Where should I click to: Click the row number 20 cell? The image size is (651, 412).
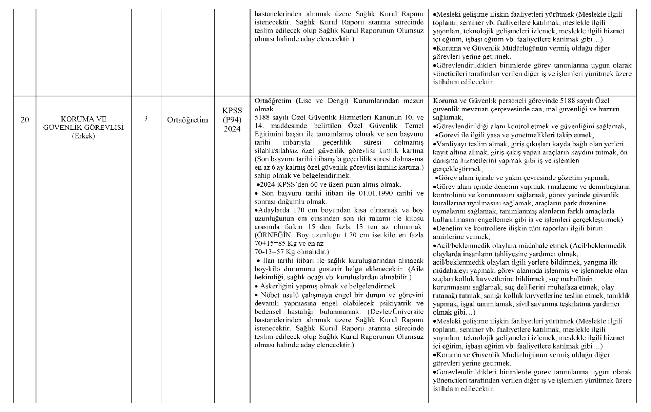[24, 120]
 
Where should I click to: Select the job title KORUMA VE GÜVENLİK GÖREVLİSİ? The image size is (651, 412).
[83, 124]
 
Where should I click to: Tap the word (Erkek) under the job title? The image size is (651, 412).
[83, 136]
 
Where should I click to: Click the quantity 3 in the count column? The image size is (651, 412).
[146, 118]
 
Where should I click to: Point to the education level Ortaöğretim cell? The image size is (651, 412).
[188, 120]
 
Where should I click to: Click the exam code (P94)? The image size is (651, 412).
[232, 120]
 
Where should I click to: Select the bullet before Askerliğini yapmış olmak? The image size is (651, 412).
[257, 286]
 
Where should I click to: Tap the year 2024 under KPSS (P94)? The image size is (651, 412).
[232, 129]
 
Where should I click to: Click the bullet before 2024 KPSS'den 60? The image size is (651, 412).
[258, 185]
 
